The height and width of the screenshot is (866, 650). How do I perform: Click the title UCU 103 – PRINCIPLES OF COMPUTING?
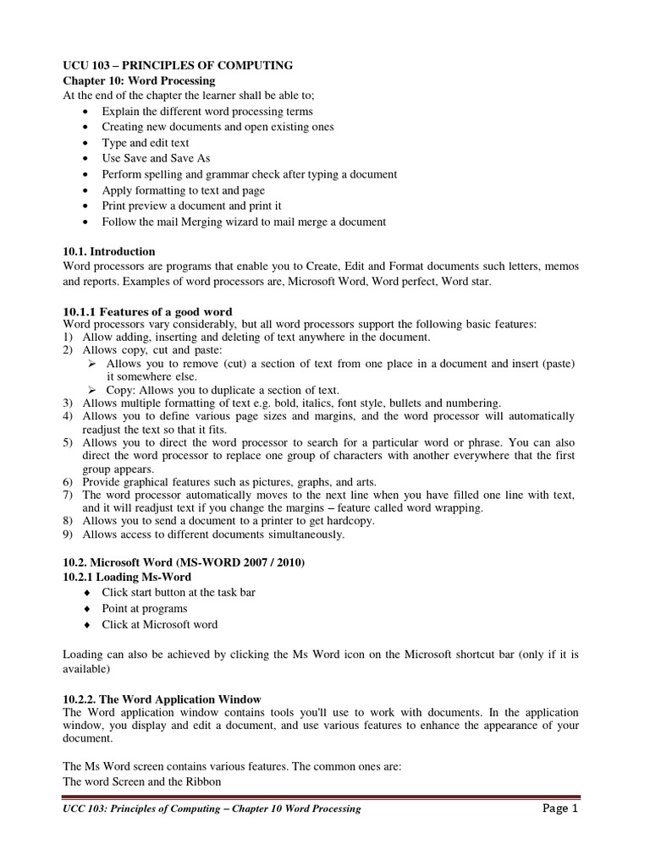(179, 65)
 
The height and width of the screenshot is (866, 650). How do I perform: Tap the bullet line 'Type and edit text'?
(145, 143)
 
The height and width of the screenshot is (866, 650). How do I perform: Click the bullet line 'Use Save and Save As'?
(156, 158)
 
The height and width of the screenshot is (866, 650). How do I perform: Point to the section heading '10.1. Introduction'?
(109, 251)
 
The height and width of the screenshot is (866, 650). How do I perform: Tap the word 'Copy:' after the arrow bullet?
(121, 390)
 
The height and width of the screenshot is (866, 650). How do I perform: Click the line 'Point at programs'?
(145, 609)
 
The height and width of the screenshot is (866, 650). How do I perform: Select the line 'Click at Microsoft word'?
(159, 625)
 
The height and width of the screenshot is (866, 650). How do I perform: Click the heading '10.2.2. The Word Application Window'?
(162, 699)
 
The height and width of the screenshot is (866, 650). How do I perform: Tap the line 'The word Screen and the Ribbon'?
(142, 782)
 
